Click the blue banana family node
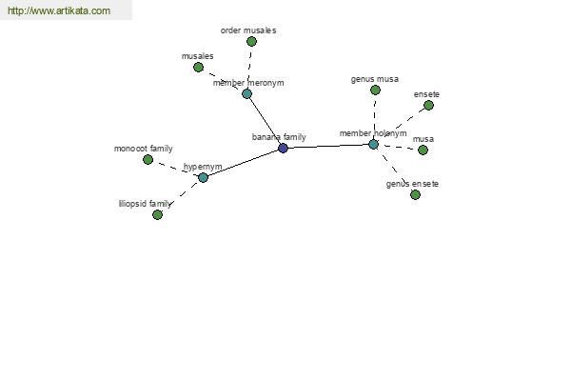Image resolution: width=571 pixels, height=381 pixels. pyautogui.click(x=283, y=148)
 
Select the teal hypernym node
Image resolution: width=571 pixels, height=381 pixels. pyautogui.click(x=204, y=177)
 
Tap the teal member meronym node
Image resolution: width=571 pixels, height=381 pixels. pyautogui.click(x=246, y=93)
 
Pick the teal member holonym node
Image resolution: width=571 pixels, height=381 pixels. pyautogui.click(x=373, y=144)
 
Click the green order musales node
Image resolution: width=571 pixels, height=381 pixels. pyautogui.click(x=251, y=42)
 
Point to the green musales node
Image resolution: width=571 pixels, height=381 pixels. pyautogui.click(x=198, y=67)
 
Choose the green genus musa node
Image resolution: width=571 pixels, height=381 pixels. pyautogui.click(x=376, y=90)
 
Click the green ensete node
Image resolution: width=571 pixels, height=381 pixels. pyautogui.click(x=428, y=106)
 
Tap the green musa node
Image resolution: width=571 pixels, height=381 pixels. pyautogui.click(x=423, y=150)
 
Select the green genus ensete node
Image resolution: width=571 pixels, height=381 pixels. pyautogui.click(x=415, y=194)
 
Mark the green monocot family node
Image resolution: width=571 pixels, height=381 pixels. pyautogui.click(x=148, y=159)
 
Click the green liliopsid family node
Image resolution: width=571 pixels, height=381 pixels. pyautogui.click(x=157, y=214)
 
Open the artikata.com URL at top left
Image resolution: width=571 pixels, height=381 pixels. pyautogui.click(x=59, y=10)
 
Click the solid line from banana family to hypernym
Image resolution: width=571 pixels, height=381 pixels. pyautogui.click(x=243, y=163)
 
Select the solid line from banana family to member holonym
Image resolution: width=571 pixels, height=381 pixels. pyautogui.click(x=328, y=146)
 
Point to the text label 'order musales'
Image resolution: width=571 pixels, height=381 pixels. pyautogui.click(x=248, y=30)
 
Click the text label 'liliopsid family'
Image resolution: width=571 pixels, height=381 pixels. pyautogui.click(x=145, y=204)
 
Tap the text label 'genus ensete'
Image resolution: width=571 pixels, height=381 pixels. pyautogui.click(x=412, y=184)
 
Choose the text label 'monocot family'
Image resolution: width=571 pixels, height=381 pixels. pyautogui.click(x=143, y=149)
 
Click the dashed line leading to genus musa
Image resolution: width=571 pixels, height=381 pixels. pyautogui.click(x=374, y=116)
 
